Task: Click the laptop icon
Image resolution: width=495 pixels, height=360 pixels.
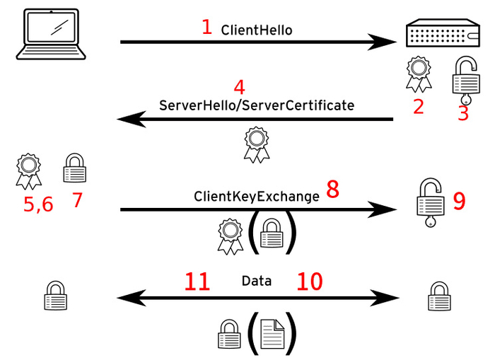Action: tap(51, 34)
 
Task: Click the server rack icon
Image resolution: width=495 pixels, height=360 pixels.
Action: tap(443, 33)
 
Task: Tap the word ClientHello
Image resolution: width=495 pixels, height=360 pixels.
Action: tap(257, 30)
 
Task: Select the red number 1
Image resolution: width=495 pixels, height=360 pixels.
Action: tap(206, 27)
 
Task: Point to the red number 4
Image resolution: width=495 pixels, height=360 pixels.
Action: tap(239, 88)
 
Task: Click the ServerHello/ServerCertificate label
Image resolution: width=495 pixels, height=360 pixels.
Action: tap(257, 105)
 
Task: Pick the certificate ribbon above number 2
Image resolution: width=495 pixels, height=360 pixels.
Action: tap(419, 74)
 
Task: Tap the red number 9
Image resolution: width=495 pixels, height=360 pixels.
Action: tap(460, 201)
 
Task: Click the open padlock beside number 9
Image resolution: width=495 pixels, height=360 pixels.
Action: tap(431, 203)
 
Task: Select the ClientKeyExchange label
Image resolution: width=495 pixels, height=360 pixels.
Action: tap(257, 197)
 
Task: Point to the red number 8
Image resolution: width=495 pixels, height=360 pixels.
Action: tap(333, 190)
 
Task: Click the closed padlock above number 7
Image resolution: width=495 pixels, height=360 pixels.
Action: tap(75, 168)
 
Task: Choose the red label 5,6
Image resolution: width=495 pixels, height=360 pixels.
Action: tap(38, 204)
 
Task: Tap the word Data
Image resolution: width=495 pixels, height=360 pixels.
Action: tap(257, 281)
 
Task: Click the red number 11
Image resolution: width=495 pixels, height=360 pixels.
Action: tap(197, 281)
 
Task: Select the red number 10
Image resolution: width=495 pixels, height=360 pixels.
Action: tap(310, 281)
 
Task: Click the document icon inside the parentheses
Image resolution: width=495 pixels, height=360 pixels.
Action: tap(272, 334)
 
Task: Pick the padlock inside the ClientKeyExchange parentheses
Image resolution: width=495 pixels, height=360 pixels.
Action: tap(272, 233)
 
